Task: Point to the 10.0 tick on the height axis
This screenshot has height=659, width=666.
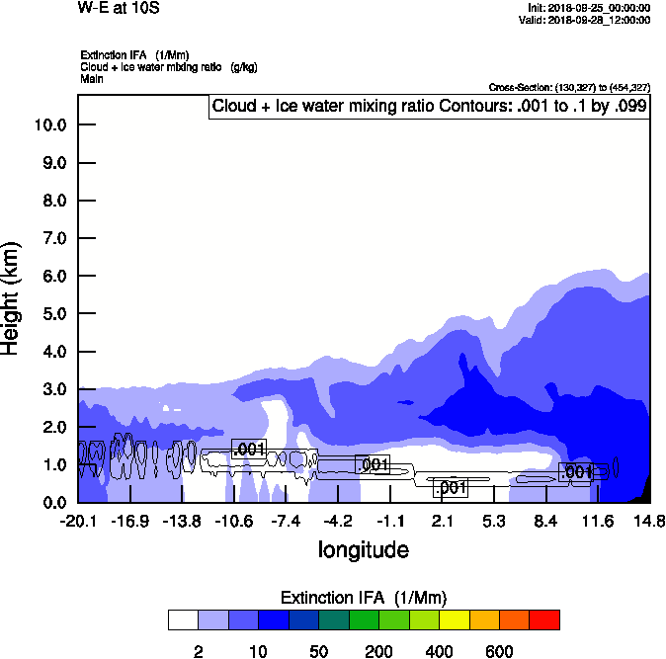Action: click(49, 125)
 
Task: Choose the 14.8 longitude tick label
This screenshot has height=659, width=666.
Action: click(649, 522)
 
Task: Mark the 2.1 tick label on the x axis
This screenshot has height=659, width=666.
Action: click(442, 522)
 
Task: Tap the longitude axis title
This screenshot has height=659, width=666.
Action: click(363, 548)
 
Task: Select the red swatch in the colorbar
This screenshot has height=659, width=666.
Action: click(544, 619)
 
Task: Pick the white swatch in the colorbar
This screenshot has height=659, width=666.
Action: click(183, 619)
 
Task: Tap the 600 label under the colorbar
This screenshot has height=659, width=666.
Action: click(499, 651)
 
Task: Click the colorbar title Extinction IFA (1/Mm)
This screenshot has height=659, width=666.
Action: click(364, 598)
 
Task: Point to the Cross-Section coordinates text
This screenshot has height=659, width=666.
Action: click(569, 88)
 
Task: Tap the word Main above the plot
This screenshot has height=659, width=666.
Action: click(91, 78)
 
